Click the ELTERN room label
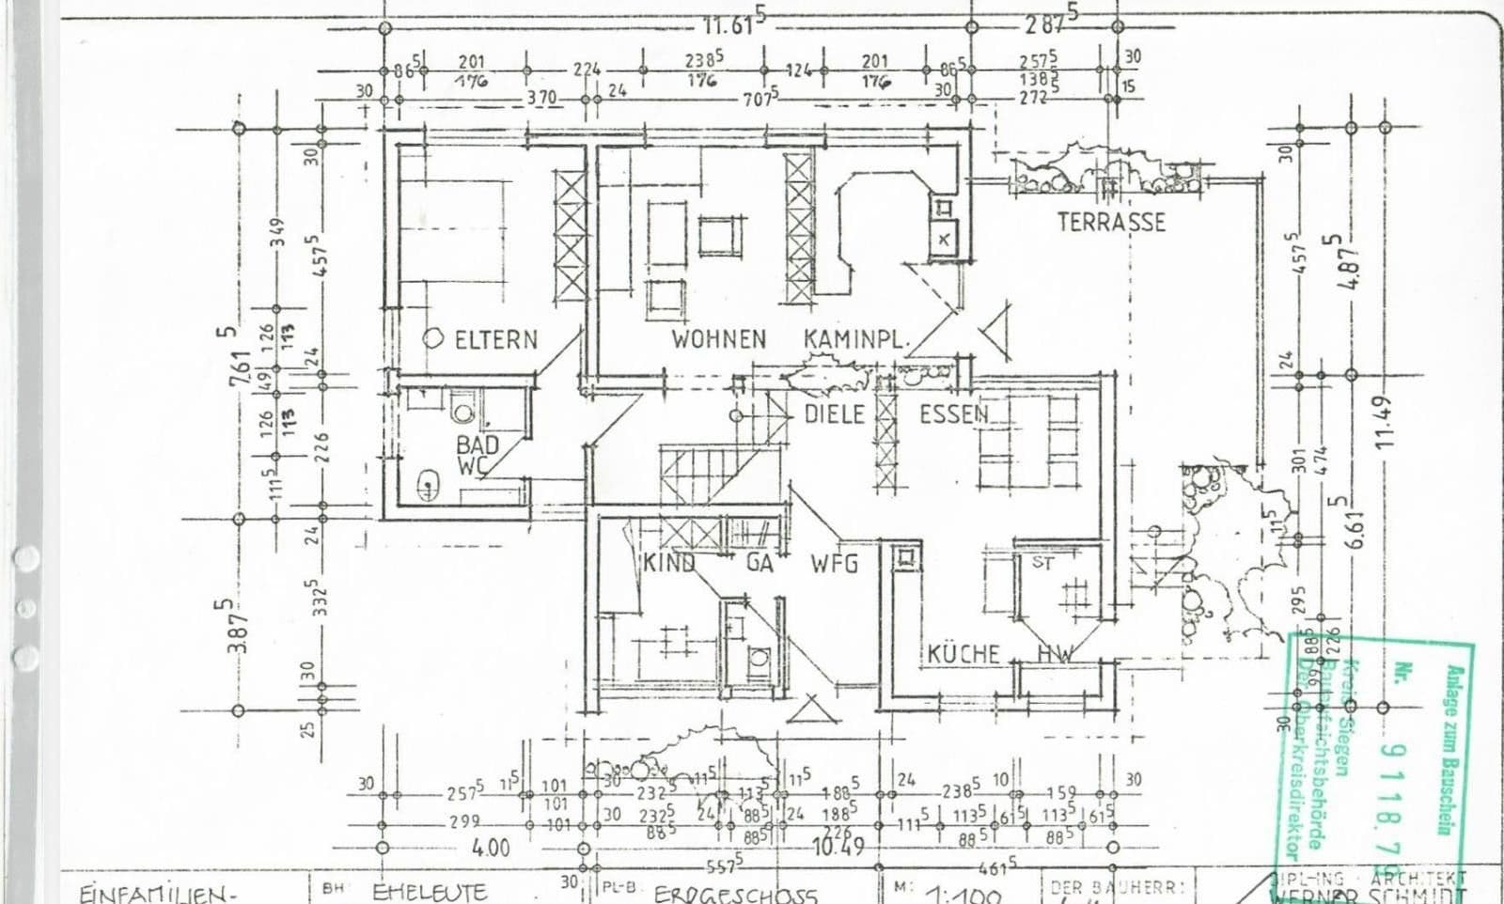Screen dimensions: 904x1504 tap(495, 339)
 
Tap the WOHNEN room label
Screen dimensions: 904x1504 tap(718, 339)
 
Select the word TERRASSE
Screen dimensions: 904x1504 tap(1110, 222)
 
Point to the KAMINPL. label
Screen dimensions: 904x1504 tap(855, 339)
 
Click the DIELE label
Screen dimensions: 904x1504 tap(834, 414)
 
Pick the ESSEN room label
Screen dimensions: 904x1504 tap(953, 414)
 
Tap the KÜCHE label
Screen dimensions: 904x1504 tap(963, 654)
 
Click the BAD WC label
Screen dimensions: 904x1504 tap(477, 455)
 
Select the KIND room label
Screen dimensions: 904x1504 tap(669, 564)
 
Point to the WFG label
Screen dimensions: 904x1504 tap(834, 564)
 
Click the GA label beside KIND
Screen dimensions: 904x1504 tap(760, 564)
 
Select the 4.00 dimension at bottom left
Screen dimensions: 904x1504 tap(490, 848)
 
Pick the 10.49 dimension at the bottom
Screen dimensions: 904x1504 tap(838, 846)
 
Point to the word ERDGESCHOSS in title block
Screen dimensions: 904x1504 tap(735, 894)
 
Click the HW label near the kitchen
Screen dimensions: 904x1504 tap(1054, 654)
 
